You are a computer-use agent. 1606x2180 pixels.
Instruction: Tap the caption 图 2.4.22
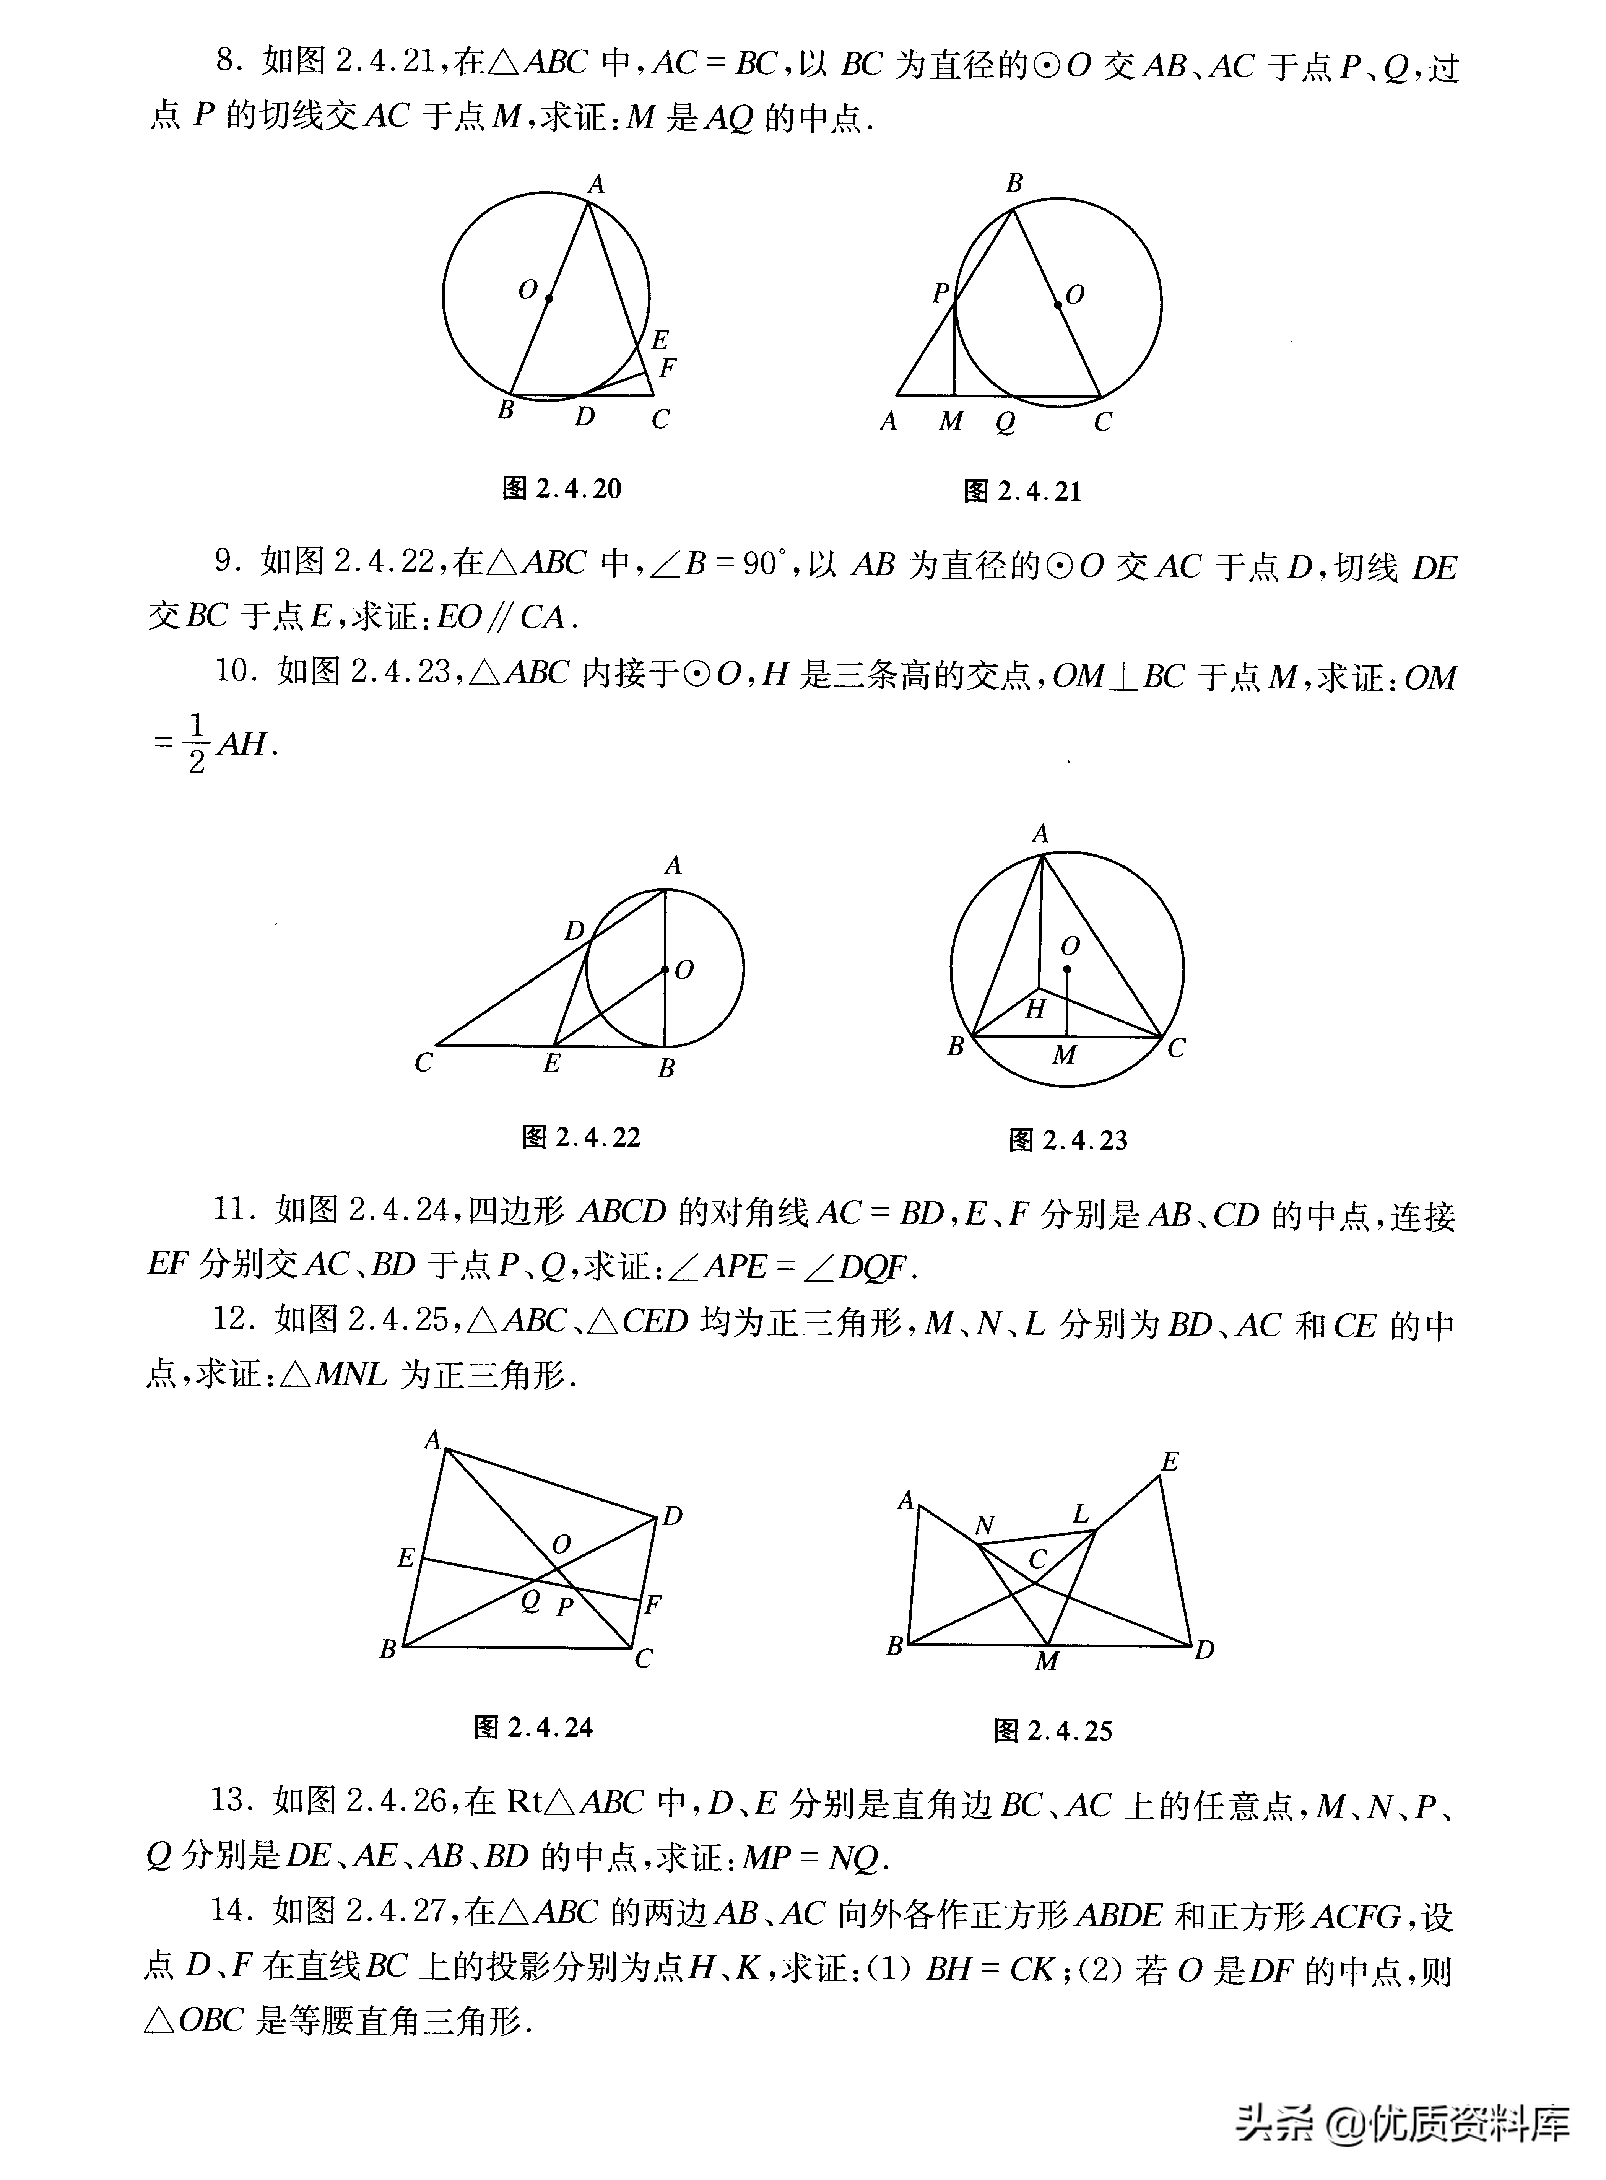pyautogui.click(x=581, y=1137)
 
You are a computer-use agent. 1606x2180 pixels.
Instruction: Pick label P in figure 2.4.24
pyautogui.click(x=564, y=1607)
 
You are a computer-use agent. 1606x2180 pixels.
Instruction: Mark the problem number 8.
pyautogui.click(x=226, y=62)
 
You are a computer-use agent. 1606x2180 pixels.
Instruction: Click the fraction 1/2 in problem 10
pyautogui.click(x=197, y=745)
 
